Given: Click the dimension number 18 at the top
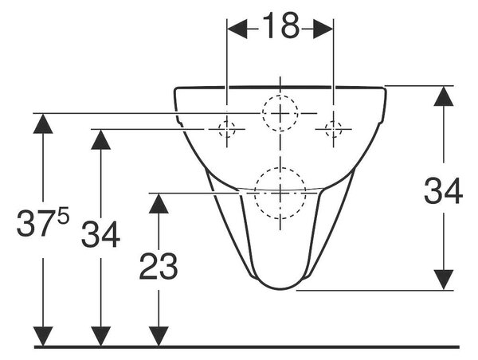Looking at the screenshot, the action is [280, 26].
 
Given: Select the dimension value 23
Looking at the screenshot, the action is [159, 267].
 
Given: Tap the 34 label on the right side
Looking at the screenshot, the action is [444, 191].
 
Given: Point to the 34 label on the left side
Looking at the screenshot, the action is [101, 234].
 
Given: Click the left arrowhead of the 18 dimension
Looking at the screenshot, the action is [237, 29].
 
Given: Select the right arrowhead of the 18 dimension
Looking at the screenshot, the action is [323, 29].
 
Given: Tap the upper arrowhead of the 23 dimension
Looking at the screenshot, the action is [159, 203].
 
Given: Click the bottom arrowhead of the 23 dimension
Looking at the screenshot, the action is [159, 336].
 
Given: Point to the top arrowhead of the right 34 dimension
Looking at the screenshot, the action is [444, 96].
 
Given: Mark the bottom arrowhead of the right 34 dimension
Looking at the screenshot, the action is [444, 280].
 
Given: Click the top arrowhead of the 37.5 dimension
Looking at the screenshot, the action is [43, 123].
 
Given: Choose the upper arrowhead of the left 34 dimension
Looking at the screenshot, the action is [101, 139].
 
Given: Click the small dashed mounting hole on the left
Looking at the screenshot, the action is [226, 129].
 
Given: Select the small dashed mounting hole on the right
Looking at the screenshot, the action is [333, 129].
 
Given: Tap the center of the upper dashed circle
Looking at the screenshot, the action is [280, 113].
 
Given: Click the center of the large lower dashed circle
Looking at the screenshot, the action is [280, 193].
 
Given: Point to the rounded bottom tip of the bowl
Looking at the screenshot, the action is [280, 288].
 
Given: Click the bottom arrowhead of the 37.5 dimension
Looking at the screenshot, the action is [43, 336].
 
